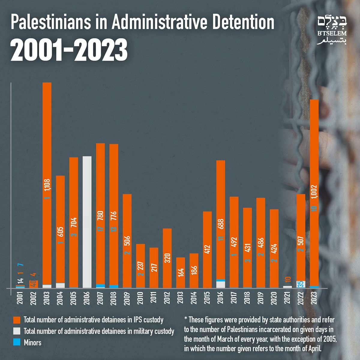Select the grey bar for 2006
87,222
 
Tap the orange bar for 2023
314,150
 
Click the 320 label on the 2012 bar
167,258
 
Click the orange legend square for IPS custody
17,320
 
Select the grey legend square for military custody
17,331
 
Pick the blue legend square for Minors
17,342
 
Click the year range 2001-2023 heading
69,49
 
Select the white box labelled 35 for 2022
301,284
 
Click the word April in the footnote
314,349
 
